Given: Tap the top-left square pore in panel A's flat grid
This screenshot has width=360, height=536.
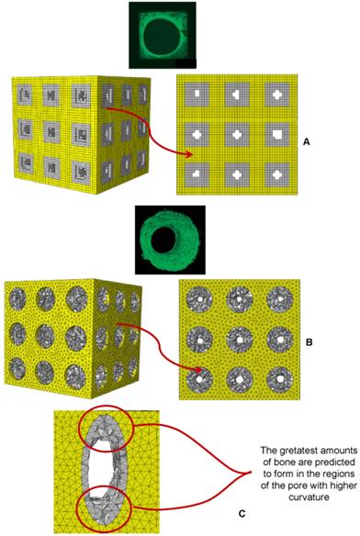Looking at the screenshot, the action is click(x=198, y=95).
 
